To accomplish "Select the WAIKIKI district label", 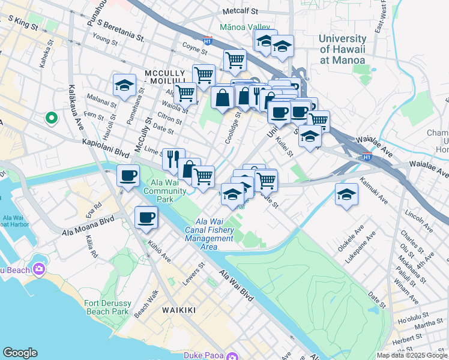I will pyautogui.click(x=179, y=310).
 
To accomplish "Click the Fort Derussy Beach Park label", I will pyautogui.click(x=107, y=308).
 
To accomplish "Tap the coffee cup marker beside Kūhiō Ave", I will pyautogui.click(x=146, y=217).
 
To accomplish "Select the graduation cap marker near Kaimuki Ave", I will pyautogui.click(x=346, y=194).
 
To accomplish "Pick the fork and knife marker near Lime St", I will pyautogui.click(x=173, y=158).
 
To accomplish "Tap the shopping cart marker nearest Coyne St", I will pyautogui.click(x=235, y=59).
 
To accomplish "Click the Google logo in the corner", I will pyautogui.click(x=20, y=353).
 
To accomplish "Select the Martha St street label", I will pyautogui.click(x=428, y=325).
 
